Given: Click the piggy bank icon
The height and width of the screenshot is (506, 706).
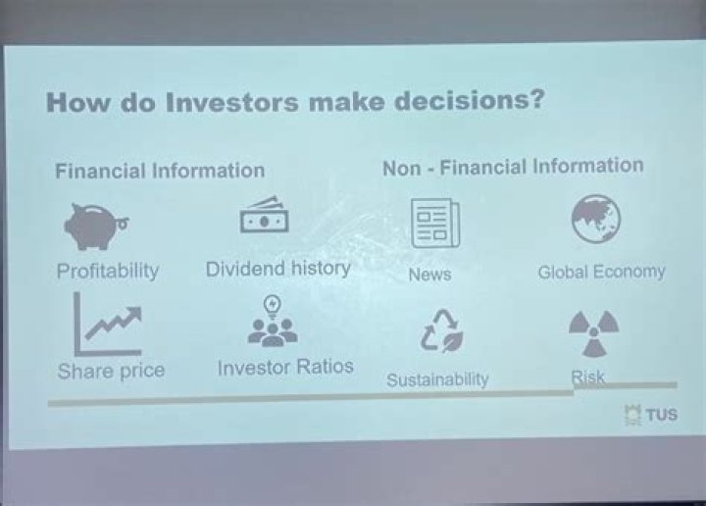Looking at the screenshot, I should (x=96, y=225).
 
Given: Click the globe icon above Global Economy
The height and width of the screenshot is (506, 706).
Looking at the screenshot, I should (x=596, y=219).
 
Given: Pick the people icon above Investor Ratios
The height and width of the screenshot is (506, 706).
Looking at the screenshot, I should (x=273, y=323).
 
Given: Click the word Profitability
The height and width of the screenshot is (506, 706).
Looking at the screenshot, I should (x=107, y=271).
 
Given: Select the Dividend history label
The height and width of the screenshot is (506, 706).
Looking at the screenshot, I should (x=277, y=268).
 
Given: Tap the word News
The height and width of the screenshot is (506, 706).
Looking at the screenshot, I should (x=429, y=275).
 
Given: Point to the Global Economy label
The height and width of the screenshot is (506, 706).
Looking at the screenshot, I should (x=601, y=272).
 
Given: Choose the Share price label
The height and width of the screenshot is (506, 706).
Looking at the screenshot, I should (x=111, y=371).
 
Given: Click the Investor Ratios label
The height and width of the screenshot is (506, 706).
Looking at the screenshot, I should (x=285, y=368).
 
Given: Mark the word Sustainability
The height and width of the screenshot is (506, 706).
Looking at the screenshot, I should (x=437, y=379).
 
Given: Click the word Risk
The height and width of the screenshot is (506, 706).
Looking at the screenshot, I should (x=588, y=377).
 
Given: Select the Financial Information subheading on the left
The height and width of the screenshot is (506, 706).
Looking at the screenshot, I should (x=160, y=171).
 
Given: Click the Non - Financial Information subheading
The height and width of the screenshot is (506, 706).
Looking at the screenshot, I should (x=513, y=167).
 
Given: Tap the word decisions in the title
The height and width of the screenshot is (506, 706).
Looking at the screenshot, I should (x=461, y=102).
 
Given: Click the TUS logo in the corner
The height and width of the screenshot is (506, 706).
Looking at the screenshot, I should (x=652, y=415).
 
